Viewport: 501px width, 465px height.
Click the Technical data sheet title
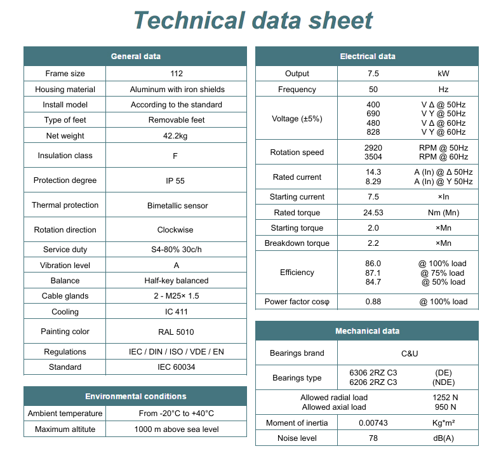[253, 20]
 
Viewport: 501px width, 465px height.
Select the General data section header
[135, 57]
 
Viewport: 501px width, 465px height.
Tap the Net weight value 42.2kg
[176, 136]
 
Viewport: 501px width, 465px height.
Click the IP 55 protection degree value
[175, 180]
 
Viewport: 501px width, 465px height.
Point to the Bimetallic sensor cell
[176, 206]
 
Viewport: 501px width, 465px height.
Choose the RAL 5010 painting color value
[176, 332]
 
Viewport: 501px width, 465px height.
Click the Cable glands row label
[65, 296]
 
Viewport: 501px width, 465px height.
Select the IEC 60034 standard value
[176, 367]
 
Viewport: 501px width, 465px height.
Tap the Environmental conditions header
[135, 396]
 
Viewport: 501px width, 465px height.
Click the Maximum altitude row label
[65, 429]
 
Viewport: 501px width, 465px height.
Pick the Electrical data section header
[367, 57]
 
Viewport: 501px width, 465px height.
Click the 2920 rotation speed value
[373, 148]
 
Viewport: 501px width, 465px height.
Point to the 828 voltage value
[373, 132]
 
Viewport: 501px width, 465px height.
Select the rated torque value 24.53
[373, 213]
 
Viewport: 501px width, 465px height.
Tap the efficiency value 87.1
[373, 273]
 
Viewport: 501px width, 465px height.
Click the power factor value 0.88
[373, 302]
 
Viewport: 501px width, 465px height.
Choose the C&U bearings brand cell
[410, 353]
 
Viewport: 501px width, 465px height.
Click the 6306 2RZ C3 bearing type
[373, 373]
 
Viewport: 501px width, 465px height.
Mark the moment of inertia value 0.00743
[373, 423]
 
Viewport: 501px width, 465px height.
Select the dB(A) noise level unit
[443, 438]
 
